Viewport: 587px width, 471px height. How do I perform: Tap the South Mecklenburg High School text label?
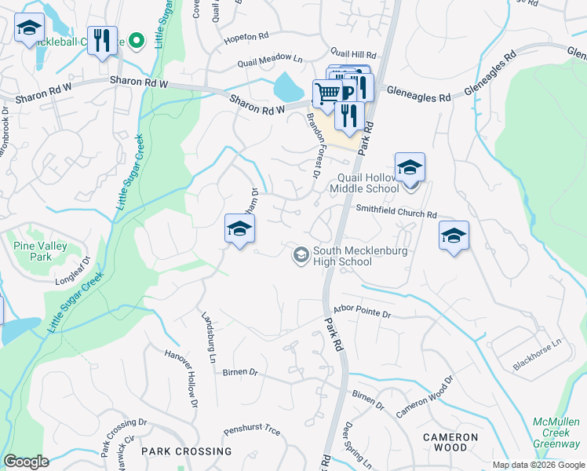[x=342, y=257]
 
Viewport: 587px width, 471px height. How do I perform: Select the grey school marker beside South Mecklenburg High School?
[x=301, y=255]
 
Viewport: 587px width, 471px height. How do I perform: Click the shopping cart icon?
[x=326, y=93]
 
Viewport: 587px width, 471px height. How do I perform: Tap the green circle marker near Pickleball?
[x=137, y=41]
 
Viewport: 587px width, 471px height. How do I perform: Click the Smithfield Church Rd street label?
[x=396, y=212]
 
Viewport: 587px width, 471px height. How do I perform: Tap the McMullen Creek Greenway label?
[x=556, y=433]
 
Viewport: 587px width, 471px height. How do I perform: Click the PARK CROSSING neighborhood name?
[x=177, y=451]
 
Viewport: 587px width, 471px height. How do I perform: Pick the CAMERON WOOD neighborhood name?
[x=450, y=442]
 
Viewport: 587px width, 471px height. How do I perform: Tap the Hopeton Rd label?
[x=246, y=38]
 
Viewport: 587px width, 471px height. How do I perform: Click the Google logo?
[x=26, y=462]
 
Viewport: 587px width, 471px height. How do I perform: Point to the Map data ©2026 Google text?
[x=537, y=465]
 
